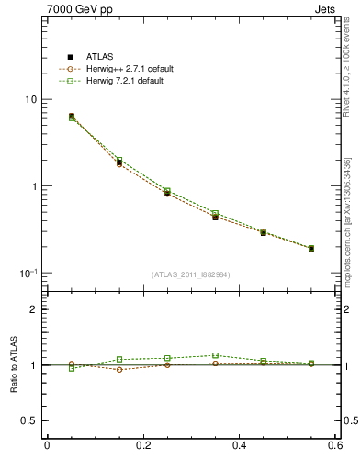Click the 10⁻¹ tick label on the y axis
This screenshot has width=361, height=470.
pos(28,273)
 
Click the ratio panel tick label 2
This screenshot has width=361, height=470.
pos(34,310)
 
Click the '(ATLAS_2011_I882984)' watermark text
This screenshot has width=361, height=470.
pos(191,274)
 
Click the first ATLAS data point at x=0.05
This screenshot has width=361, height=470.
pos(72,117)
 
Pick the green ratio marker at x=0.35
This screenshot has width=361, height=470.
pos(215,355)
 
